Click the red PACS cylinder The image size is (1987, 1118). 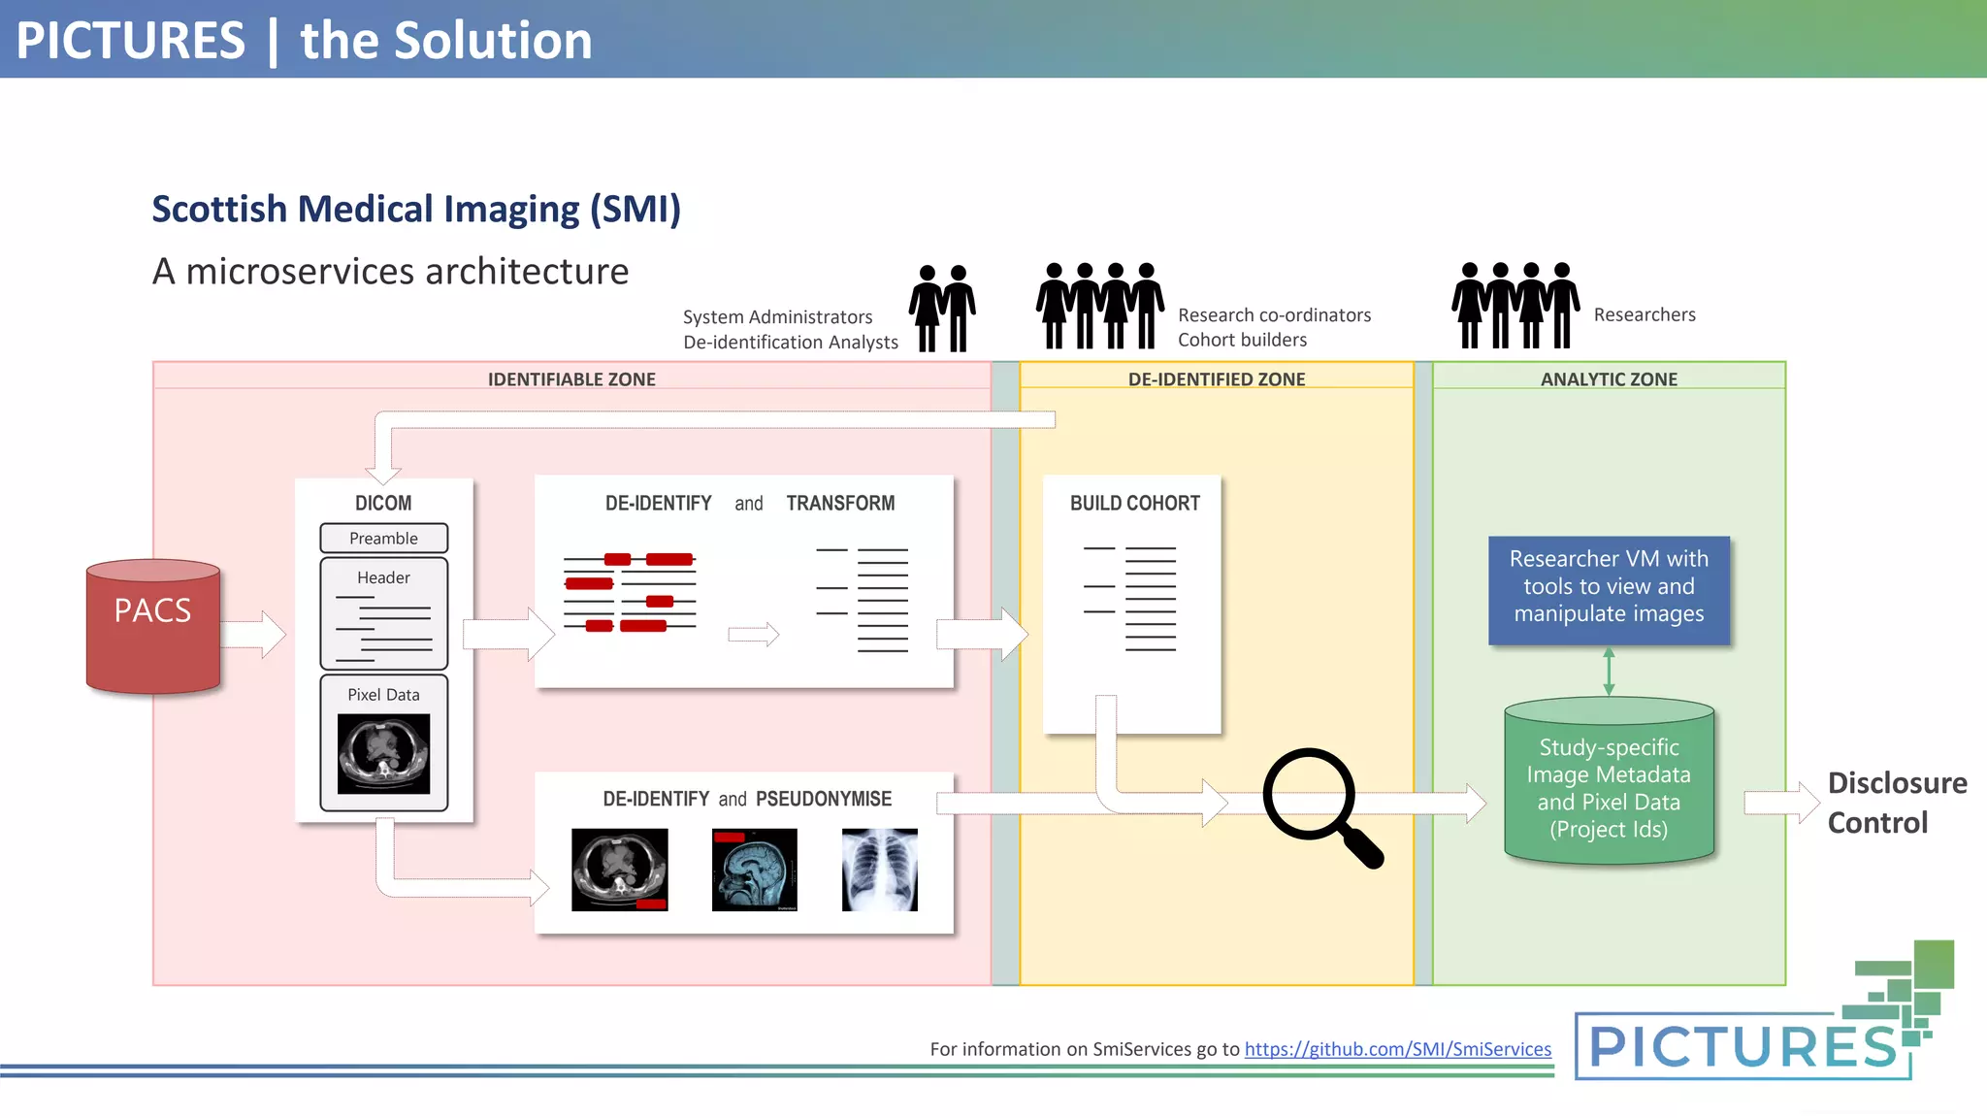click(x=153, y=626)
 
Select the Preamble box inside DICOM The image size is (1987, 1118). click(x=383, y=538)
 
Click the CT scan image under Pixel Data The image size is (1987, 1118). click(x=383, y=753)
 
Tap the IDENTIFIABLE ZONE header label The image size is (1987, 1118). click(x=571, y=379)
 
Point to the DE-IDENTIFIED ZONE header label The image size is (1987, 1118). click(x=1216, y=379)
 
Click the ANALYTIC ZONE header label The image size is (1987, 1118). click(x=1609, y=379)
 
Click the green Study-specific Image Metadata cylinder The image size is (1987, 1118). click(x=1609, y=786)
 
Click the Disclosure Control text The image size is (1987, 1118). click(x=1896, y=803)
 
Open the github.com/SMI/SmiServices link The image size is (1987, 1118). click(x=1397, y=1049)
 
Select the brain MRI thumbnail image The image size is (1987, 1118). click(x=754, y=870)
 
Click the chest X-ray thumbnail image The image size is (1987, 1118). click(x=879, y=870)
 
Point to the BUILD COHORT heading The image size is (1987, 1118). click(x=1134, y=503)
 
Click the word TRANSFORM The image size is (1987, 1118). click(x=840, y=503)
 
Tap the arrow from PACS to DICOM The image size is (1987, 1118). click(x=254, y=635)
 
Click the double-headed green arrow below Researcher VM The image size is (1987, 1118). click(x=1609, y=671)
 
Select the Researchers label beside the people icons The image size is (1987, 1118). click(x=1645, y=314)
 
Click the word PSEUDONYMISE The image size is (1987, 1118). click(x=823, y=799)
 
